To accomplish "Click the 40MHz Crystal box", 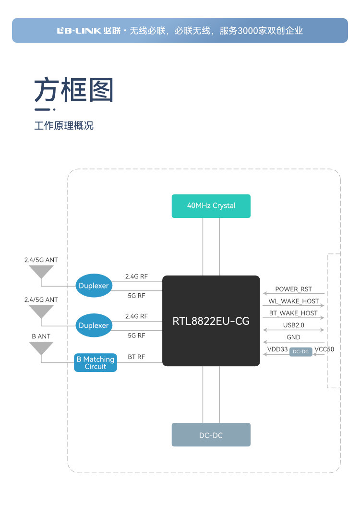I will coord(211,206).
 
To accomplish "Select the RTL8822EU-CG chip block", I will coord(211,321).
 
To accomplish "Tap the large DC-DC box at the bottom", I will coord(211,435).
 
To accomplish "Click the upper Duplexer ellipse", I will coord(94,286).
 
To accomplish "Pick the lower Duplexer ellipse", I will coord(94,325).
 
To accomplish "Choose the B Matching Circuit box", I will coord(96,363).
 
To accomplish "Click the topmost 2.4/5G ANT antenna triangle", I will coord(41,272).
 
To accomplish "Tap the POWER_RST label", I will coord(293,289).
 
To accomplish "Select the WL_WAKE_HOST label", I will coord(293,301).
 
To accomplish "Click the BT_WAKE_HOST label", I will coord(293,313).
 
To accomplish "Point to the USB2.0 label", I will coord(293,325).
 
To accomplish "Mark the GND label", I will coord(293,337).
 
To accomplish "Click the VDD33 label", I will coord(277,349).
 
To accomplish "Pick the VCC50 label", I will coord(324,349).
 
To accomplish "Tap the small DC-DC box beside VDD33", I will coord(301,352).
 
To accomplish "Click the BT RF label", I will coord(136,357).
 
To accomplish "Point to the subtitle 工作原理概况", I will coord(64,126).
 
